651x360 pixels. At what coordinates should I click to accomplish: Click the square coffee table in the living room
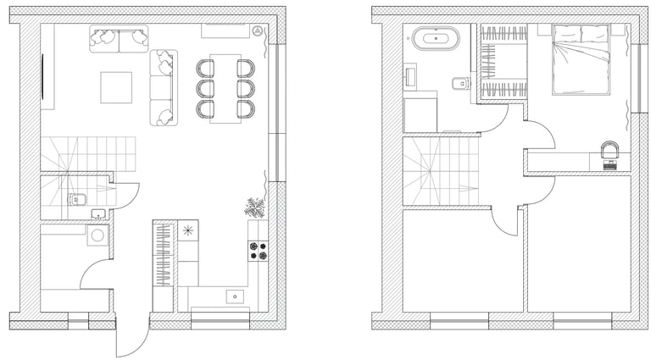116,87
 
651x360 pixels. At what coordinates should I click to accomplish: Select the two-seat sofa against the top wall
119,38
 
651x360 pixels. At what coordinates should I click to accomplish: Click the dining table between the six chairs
225,88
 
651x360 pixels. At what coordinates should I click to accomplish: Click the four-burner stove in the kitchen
257,250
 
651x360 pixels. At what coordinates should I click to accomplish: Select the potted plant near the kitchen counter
255,207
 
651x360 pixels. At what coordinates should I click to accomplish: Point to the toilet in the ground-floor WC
73,199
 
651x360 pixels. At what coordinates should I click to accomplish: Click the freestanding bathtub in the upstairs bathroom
436,38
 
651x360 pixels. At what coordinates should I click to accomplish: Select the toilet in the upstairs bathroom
459,83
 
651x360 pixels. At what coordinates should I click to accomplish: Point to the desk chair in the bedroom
609,150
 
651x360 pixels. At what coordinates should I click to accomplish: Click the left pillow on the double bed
565,33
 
